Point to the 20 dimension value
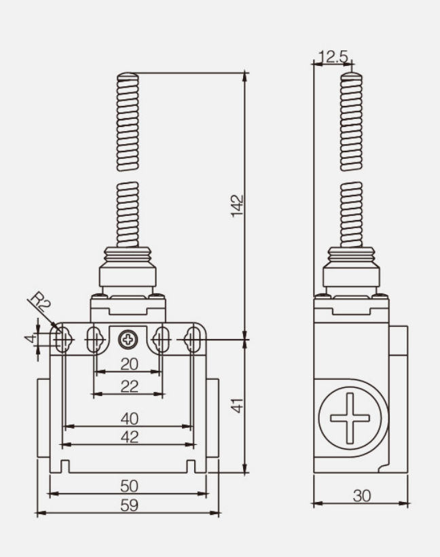pyautogui.click(x=129, y=364)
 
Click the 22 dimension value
pyautogui.click(x=129, y=386)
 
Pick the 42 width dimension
pyautogui.click(x=129, y=437)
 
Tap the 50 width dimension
pyautogui.click(x=129, y=486)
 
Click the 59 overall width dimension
pyautogui.click(x=129, y=505)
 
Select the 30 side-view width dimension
pyautogui.click(x=362, y=496)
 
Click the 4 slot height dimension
pyautogui.click(x=31, y=338)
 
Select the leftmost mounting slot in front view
pyautogui.click(x=62, y=338)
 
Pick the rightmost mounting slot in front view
pyautogui.click(x=194, y=338)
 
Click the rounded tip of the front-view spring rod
pyautogui.click(x=128, y=75)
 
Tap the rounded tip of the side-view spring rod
pyautogui.click(x=351, y=75)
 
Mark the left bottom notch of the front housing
pyautogui.click(x=65, y=466)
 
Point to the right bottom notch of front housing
pyautogui.click(x=191, y=466)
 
